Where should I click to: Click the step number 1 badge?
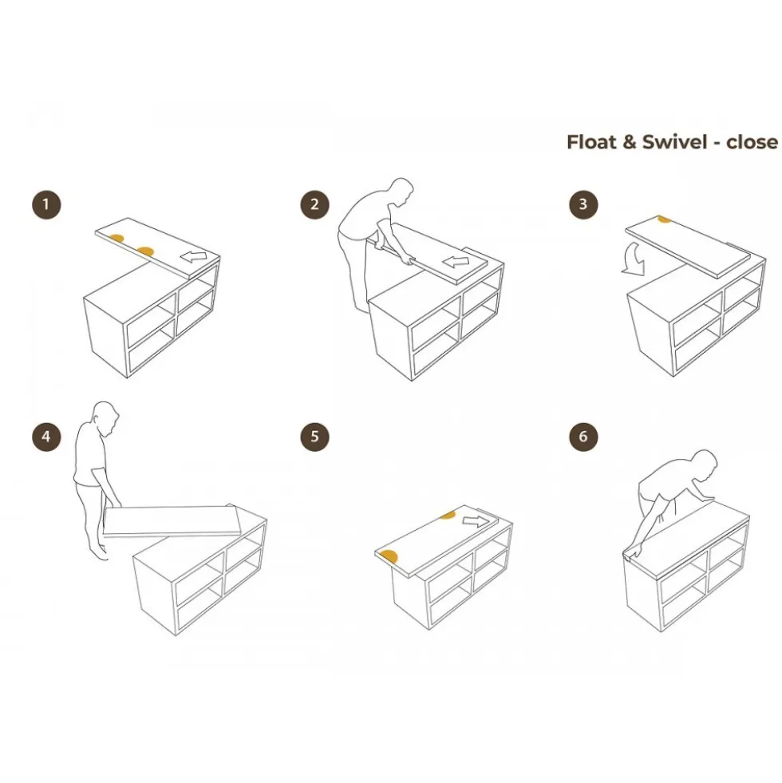point(46,204)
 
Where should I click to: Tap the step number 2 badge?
point(314,204)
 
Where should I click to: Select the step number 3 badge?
point(583,204)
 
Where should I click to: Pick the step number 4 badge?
point(46,437)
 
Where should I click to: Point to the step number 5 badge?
point(314,437)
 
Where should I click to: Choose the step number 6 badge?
point(583,437)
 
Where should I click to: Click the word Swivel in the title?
point(674,142)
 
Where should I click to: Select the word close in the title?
point(752,142)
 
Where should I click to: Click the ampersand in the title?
point(630,142)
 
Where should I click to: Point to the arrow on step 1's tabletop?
point(193,257)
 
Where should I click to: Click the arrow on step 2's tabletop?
point(456,261)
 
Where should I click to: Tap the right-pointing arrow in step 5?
point(476,521)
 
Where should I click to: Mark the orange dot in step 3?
point(664,219)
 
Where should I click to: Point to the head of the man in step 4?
point(106,417)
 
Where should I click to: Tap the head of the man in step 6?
point(704,464)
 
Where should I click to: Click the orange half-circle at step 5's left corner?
point(389,556)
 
